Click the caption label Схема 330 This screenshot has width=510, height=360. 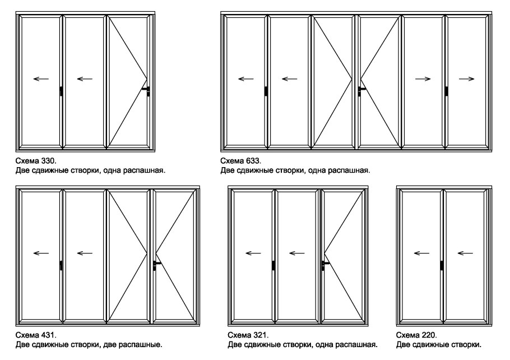(x=36, y=161)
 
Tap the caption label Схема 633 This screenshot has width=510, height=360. (x=240, y=161)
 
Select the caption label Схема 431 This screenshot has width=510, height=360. (x=36, y=335)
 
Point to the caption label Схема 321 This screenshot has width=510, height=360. (x=248, y=335)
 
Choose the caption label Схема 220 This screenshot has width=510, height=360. (x=416, y=335)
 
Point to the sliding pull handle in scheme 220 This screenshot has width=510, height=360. (x=442, y=265)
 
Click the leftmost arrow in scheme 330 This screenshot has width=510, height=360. (x=41, y=79)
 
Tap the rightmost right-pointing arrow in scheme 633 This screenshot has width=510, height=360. (x=466, y=79)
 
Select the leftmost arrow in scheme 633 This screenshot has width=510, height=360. (x=246, y=79)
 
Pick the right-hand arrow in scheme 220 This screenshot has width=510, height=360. (x=465, y=253)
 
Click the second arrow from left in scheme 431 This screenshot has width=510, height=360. (x=85, y=253)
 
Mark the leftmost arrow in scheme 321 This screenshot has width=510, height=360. (x=253, y=253)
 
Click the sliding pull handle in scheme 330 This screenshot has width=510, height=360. (x=61, y=91)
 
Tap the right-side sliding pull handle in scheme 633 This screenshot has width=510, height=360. (x=447, y=91)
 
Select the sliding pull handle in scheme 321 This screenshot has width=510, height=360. (x=273, y=265)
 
